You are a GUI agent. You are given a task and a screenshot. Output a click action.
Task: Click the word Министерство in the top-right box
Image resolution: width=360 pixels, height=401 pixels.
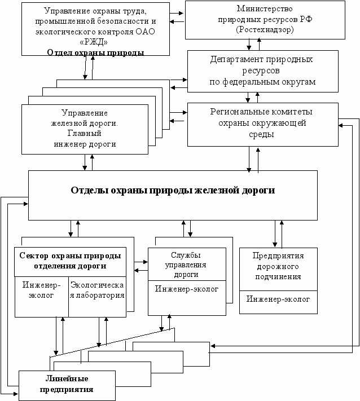click(x=265, y=8)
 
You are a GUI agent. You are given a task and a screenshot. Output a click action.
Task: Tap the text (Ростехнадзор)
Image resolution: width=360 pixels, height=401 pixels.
click(x=265, y=30)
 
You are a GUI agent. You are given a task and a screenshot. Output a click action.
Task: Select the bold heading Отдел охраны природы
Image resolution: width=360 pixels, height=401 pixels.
click(x=95, y=52)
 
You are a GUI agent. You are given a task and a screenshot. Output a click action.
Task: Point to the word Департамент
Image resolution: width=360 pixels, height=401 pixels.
click(x=235, y=60)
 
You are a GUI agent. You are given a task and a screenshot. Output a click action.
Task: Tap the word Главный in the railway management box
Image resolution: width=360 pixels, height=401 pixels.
click(x=85, y=133)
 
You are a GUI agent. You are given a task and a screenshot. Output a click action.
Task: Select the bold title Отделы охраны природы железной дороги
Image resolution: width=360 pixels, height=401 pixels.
click(x=173, y=191)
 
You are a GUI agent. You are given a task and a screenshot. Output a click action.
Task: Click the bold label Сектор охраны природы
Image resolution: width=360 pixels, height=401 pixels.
click(x=70, y=255)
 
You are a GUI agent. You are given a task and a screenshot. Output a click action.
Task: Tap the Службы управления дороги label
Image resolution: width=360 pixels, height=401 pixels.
click(x=186, y=265)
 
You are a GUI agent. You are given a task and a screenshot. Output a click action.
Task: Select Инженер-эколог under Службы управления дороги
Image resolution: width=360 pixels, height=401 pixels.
click(x=187, y=289)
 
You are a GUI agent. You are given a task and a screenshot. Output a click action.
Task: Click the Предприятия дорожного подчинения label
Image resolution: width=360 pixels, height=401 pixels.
click(x=278, y=266)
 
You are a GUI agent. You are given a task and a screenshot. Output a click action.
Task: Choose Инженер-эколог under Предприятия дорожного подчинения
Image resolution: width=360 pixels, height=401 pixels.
click(x=278, y=299)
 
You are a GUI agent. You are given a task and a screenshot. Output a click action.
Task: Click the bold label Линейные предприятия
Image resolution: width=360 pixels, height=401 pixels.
click(x=67, y=384)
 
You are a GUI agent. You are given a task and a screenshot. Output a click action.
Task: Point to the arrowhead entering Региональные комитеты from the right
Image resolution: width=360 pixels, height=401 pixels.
click(x=341, y=126)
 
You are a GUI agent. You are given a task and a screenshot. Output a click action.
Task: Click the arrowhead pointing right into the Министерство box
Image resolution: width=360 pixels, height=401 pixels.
click(x=181, y=13)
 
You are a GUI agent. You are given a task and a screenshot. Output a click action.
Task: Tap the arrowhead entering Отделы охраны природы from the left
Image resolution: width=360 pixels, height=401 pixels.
click(x=26, y=204)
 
